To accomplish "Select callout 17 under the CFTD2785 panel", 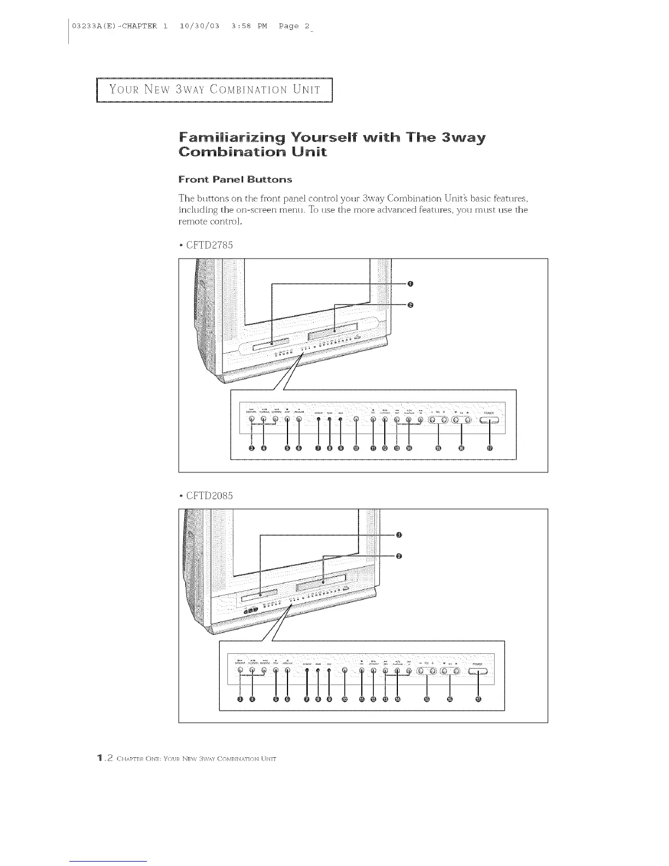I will click(x=490, y=449).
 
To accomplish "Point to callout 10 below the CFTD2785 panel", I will click(x=356, y=449).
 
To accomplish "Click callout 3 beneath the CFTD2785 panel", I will click(x=251, y=449).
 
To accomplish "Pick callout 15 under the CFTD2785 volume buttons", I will click(x=438, y=449).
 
